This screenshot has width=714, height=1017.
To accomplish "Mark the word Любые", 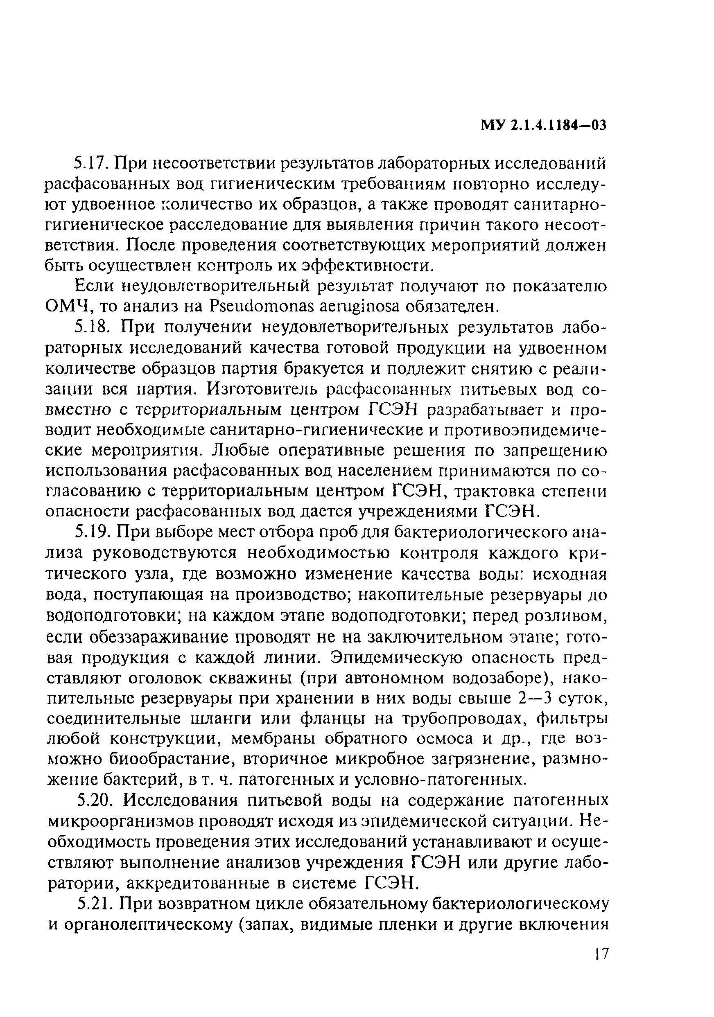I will (x=240, y=451).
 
